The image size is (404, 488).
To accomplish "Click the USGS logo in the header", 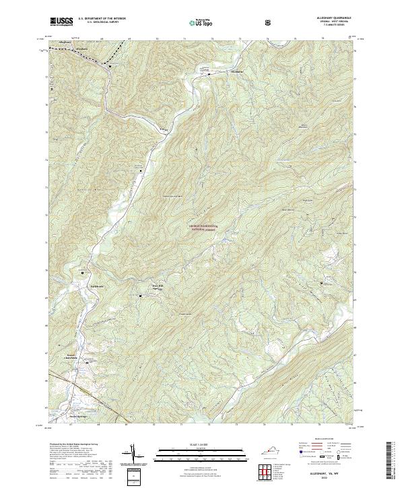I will [61, 22].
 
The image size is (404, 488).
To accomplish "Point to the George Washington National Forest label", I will [208, 228].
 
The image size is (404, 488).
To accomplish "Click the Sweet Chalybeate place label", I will [71, 357].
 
